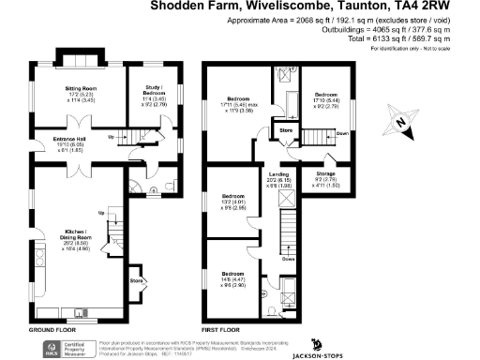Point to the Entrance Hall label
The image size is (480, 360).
tap(52, 141)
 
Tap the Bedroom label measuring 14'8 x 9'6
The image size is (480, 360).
tap(234, 277)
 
